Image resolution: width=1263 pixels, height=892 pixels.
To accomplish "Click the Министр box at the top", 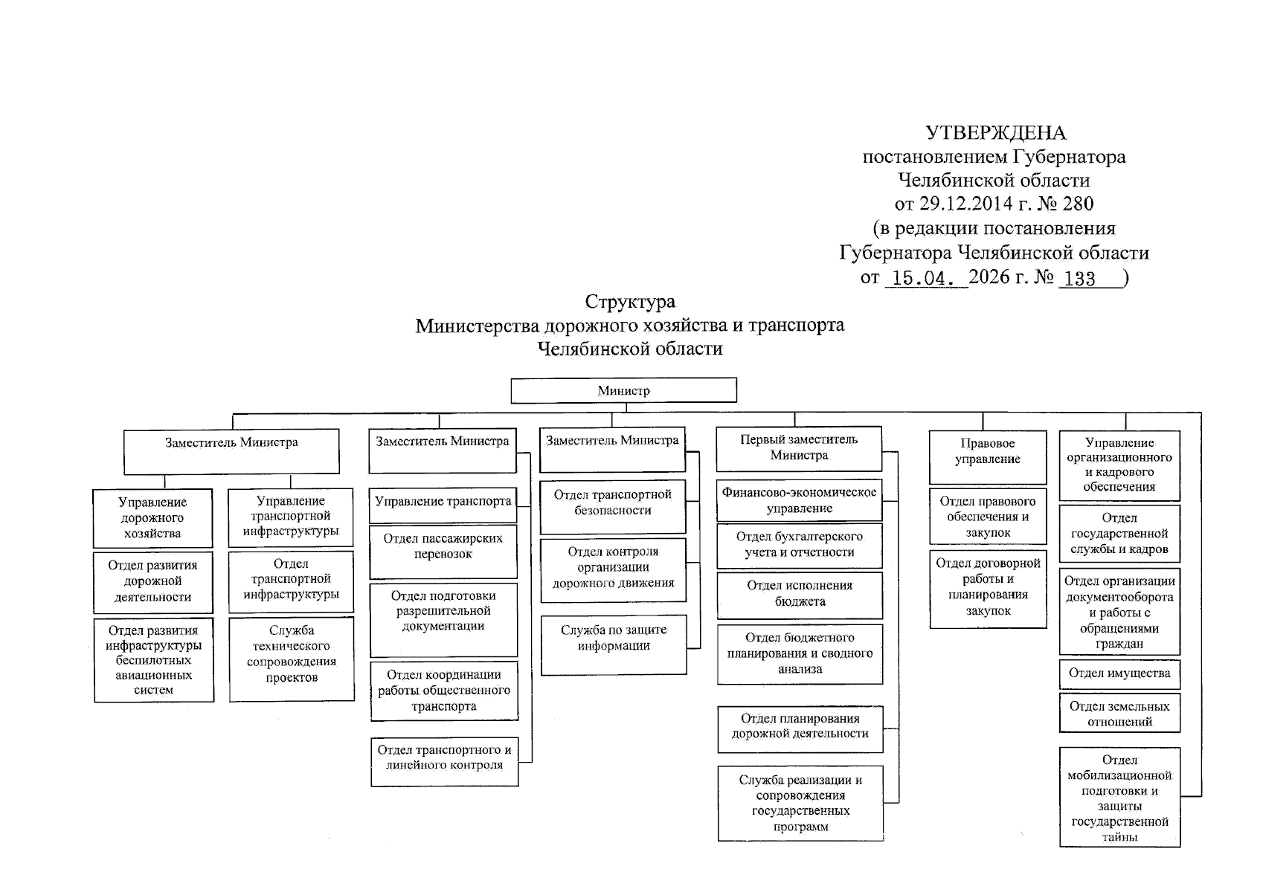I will [x=623, y=391].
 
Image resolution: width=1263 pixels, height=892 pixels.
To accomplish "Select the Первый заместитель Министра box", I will [x=799, y=448].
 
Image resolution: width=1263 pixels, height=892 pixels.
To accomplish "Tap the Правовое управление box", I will [x=988, y=456].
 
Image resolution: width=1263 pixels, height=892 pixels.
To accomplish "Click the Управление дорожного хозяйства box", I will [x=152, y=518].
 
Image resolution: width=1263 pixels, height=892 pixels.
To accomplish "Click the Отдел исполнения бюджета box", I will [x=800, y=595].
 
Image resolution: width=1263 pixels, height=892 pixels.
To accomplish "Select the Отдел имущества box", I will [x=1119, y=673].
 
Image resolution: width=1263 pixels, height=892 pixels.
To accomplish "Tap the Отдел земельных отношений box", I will [x=1119, y=714].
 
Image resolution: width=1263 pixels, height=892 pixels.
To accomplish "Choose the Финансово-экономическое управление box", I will [x=799, y=500].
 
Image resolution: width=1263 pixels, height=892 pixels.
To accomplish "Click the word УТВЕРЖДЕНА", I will [x=995, y=133].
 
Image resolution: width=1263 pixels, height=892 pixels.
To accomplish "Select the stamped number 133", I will [x=1079, y=279].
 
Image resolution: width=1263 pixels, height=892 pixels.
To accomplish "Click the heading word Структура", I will [x=630, y=302].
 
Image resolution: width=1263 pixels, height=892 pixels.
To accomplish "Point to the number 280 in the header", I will [x=1078, y=204].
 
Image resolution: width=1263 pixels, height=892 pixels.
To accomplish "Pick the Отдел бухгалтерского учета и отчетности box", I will [x=800, y=545].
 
